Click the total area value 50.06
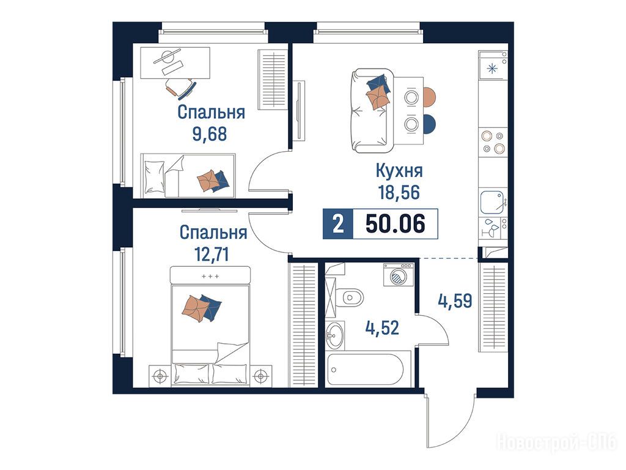click(x=396, y=224)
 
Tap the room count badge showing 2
click(x=338, y=224)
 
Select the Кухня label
click(x=399, y=171)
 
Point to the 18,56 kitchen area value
click(x=399, y=193)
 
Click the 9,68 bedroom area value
click(x=210, y=134)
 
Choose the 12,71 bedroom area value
click(x=212, y=254)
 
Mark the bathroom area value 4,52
click(x=382, y=328)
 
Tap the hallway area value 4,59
click(x=455, y=301)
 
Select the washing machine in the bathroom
click(x=399, y=275)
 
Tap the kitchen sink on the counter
click(x=492, y=202)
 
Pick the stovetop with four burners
click(x=493, y=142)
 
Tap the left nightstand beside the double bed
click(x=161, y=376)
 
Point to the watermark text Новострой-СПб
click(x=556, y=442)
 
